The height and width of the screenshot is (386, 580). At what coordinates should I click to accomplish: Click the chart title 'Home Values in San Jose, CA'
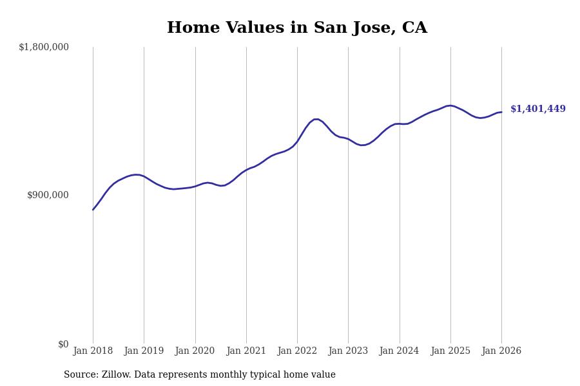[x=296, y=28]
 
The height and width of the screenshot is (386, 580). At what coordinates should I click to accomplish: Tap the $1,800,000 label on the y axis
[x=44, y=47]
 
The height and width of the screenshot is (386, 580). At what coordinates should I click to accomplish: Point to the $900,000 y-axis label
[x=48, y=195]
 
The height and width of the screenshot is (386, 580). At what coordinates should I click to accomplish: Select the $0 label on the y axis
[x=63, y=344]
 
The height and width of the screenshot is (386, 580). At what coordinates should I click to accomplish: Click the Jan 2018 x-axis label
[x=93, y=351]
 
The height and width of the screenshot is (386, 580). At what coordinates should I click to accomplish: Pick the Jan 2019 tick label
[x=144, y=351]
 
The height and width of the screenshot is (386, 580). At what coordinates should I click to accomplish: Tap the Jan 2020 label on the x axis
[x=195, y=351]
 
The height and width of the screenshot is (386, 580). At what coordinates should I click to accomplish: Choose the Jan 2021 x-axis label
[x=246, y=351]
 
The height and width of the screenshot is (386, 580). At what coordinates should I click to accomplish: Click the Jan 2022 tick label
[x=297, y=351]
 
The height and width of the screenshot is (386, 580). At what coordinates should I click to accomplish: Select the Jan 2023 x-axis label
[x=348, y=351]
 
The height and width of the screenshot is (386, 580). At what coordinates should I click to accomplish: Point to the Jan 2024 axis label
[x=399, y=351]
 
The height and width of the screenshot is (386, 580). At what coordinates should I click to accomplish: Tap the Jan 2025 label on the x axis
[x=450, y=351]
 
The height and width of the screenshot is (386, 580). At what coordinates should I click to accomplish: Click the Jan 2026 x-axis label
[x=501, y=351]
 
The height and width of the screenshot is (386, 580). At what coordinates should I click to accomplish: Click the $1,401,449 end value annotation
[x=537, y=109]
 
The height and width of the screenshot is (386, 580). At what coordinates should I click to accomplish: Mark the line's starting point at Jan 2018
[x=93, y=210]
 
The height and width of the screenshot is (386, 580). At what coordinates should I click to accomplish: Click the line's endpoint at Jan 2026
[x=501, y=112]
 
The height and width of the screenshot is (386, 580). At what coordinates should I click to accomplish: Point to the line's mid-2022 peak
[x=316, y=119]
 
